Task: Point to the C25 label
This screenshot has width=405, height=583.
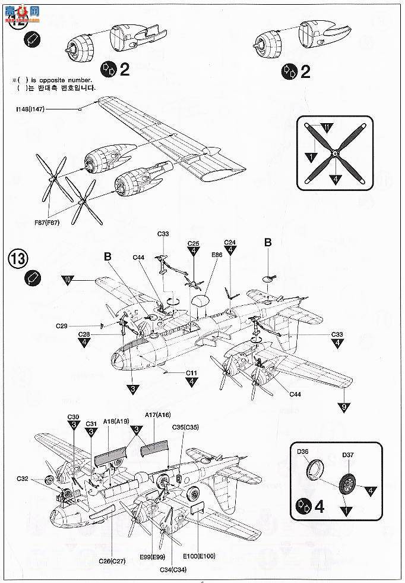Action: point(193,243)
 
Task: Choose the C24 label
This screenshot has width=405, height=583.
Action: point(230,242)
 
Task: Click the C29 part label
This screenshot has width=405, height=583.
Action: point(62,326)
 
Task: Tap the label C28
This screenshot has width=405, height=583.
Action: point(85,334)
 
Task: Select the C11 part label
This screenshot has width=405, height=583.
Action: point(191,373)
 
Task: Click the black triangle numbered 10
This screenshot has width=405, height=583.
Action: point(69,278)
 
